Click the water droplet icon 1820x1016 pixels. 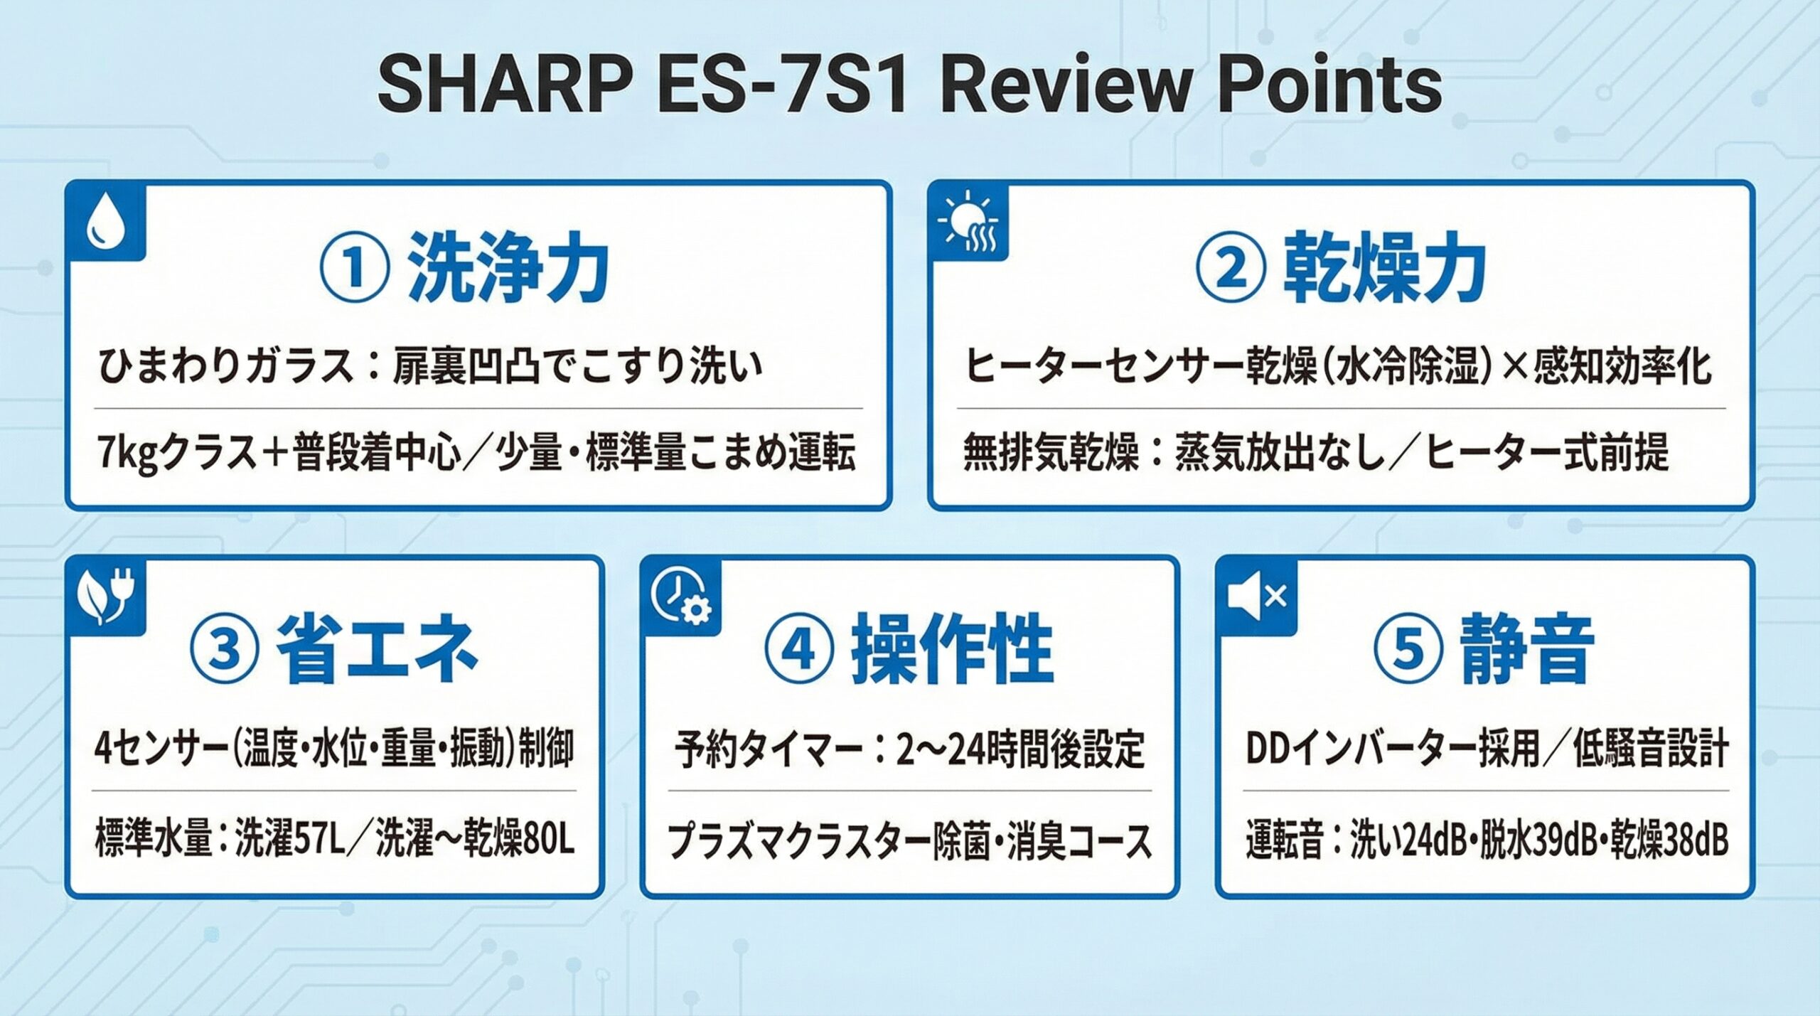coord(106,222)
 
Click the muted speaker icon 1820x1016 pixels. coord(1256,596)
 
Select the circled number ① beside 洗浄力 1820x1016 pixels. coord(355,271)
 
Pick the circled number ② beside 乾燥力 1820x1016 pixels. coord(1232,271)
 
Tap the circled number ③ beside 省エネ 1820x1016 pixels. coord(225,648)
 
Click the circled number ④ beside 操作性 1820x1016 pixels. coord(798,648)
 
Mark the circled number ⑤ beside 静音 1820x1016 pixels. coord(1408,648)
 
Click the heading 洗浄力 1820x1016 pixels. coord(508,271)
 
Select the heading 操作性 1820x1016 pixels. coord(952,648)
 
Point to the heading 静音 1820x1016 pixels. coord(1525,648)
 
